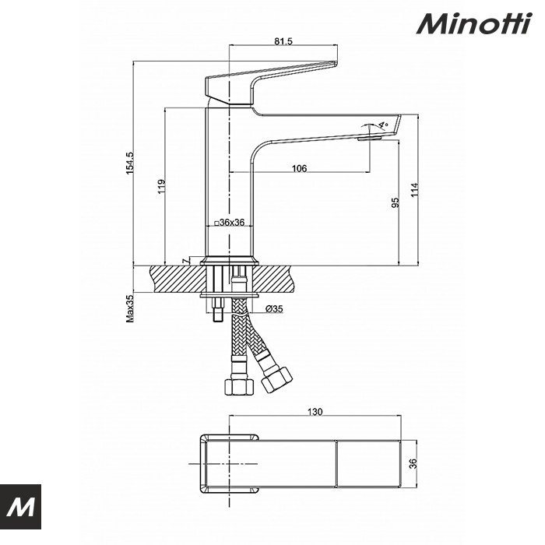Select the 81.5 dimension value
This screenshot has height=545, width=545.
283,42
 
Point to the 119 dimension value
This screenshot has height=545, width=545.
162,187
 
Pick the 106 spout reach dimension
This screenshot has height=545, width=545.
299,168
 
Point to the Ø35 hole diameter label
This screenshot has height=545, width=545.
274,309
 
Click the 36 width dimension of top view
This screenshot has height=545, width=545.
415,463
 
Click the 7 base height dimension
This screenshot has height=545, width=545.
185,261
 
